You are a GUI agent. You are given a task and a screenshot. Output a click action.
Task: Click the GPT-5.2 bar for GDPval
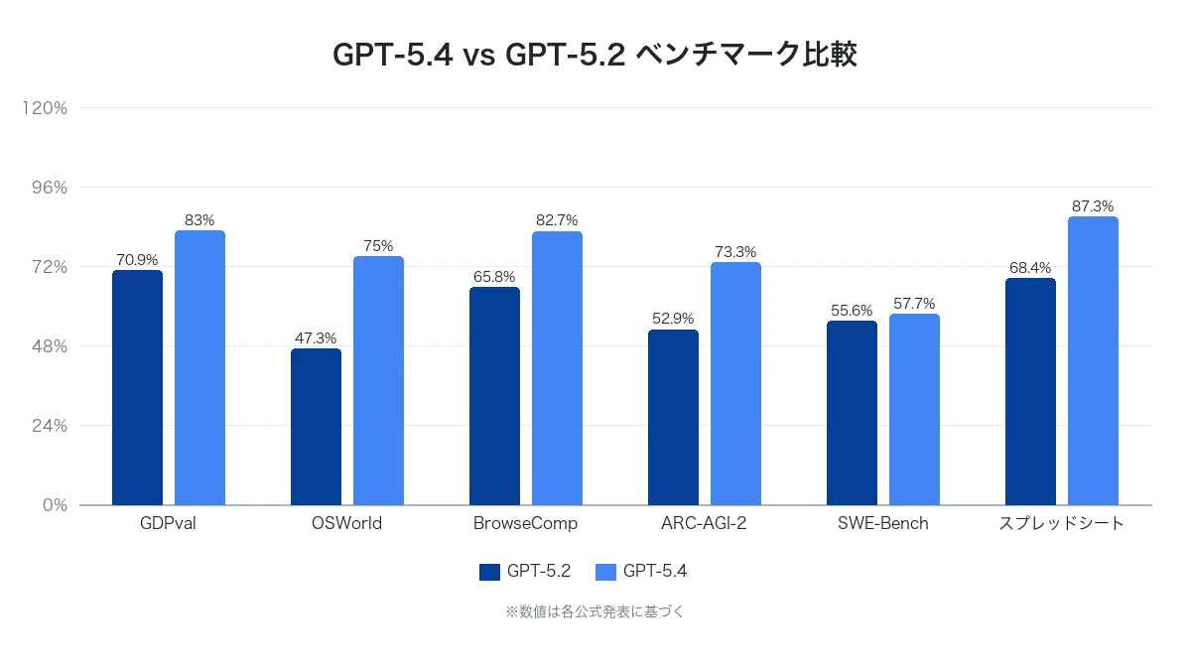[137, 387]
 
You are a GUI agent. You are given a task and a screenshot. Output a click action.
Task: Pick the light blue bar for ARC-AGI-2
[735, 383]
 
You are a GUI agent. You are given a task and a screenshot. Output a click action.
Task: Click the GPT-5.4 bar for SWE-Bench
[914, 409]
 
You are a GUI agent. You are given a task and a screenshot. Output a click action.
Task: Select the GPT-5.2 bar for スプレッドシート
[1030, 391]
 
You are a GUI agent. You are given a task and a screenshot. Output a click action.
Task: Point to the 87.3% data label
[1093, 206]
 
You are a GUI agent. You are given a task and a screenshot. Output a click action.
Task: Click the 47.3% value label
[316, 338]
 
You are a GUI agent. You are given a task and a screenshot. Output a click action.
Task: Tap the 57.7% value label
[914, 304]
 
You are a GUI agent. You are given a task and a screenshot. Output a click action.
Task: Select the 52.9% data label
[673, 320]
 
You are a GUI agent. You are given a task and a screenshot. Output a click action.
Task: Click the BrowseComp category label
[525, 523]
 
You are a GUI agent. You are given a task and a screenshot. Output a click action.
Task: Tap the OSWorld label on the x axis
[346, 523]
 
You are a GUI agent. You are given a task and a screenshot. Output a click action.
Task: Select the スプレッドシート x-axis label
[1061, 523]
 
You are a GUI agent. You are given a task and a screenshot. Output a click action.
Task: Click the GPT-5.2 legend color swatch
[489, 572]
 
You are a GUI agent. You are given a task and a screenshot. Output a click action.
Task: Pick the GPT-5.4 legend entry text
[655, 572]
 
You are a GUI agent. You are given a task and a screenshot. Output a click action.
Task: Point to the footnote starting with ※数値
[595, 612]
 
